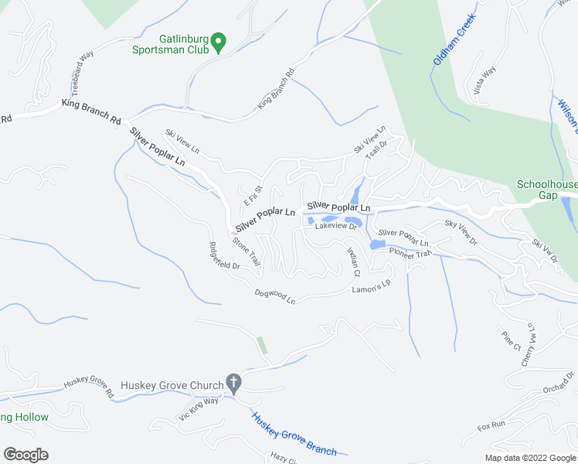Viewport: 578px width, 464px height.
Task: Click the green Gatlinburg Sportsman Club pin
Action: pos(219,42)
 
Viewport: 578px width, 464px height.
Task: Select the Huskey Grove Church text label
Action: pos(171,384)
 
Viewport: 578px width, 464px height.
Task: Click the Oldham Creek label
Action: pos(447,47)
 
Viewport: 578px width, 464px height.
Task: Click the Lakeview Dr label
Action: pos(336,226)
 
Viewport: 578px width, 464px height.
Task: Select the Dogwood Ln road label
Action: pos(275,295)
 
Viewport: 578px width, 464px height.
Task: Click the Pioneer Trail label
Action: pos(410,253)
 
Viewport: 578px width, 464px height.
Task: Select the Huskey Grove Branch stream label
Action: pos(294,435)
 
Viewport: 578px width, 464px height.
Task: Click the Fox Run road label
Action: pos(491,425)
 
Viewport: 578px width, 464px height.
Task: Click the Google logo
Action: pos(25,455)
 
